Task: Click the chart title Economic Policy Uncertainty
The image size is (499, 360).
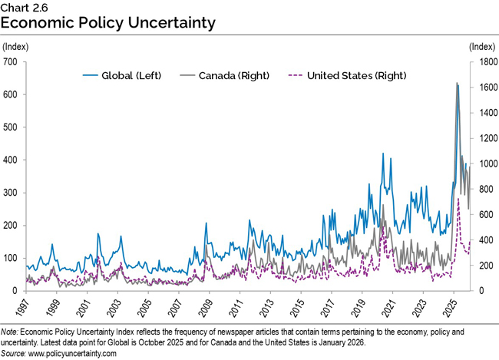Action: pyautogui.click(x=107, y=23)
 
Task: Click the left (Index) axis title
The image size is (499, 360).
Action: pyautogui.click(x=16, y=48)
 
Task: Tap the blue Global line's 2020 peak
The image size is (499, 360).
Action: pyautogui.click(x=382, y=154)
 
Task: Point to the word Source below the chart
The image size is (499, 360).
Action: pyautogui.click(x=15, y=354)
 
